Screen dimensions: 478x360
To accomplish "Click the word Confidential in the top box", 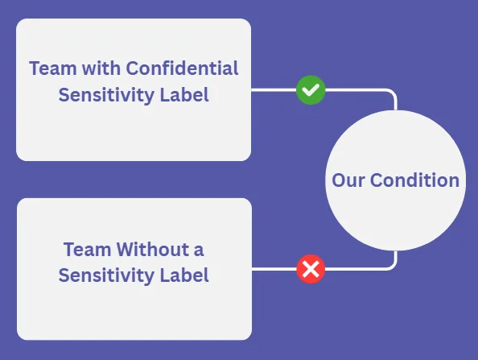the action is [182, 68].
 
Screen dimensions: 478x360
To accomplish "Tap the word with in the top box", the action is [101, 68].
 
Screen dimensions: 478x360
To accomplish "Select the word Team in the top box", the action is [53, 68].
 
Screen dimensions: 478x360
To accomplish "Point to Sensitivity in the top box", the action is [106, 95].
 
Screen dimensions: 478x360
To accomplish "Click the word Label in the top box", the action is [184, 94].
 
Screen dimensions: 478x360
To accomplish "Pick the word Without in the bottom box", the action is [153, 249].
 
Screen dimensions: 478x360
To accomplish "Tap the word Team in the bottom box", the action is [87, 249].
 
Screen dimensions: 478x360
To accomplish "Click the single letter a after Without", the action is [199, 250].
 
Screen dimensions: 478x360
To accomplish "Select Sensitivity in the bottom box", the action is [106, 275].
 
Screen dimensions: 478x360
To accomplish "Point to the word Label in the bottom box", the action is [184, 275].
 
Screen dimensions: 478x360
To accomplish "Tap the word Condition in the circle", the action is [414, 180].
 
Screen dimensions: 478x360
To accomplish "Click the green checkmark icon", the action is [311, 90].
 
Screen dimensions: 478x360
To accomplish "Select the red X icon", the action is [311, 269].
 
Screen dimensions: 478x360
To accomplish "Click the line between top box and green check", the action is [274, 90].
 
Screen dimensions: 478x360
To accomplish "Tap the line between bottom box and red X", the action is [274, 269].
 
